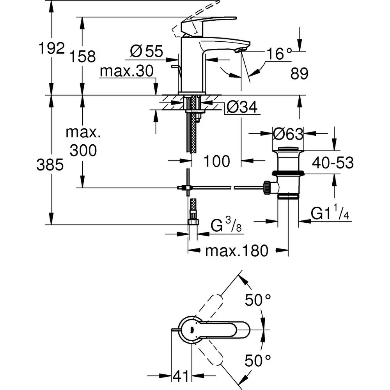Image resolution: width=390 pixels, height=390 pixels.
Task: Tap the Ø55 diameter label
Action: click(x=146, y=51)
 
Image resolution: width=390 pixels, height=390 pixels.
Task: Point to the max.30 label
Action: click(x=126, y=71)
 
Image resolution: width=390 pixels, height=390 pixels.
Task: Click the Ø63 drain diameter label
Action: click(x=288, y=134)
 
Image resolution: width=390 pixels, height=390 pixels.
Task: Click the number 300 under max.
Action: click(x=83, y=150)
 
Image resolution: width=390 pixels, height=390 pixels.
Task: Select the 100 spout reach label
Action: click(x=217, y=161)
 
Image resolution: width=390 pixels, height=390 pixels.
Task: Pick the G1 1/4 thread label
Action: click(x=330, y=214)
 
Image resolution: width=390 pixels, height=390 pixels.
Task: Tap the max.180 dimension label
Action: click(x=237, y=252)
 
